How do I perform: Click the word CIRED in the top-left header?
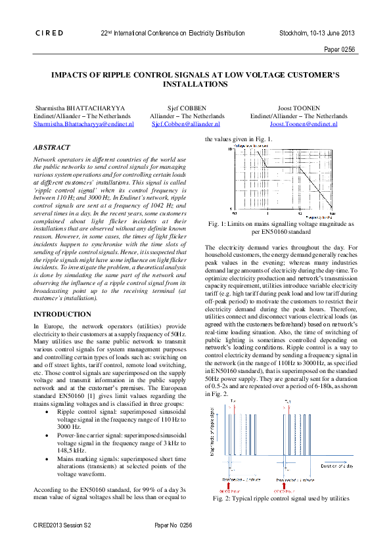49,33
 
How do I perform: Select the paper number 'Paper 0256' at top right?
340,49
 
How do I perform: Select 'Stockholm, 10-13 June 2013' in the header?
317,33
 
